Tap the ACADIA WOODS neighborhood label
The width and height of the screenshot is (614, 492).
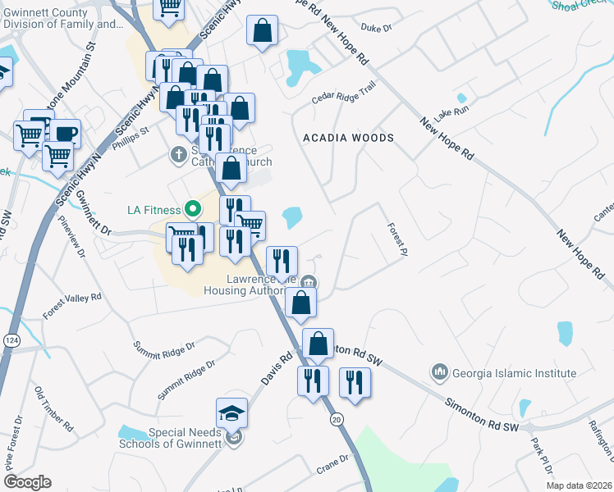[x=348, y=138]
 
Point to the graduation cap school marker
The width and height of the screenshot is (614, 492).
[x=232, y=412]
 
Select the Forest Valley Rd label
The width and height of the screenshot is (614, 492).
[x=72, y=305]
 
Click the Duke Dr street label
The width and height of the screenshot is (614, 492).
[x=377, y=51]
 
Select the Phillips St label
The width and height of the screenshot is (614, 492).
[x=131, y=135]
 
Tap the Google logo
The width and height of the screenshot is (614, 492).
[x=27, y=482]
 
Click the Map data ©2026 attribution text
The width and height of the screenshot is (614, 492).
[x=578, y=485]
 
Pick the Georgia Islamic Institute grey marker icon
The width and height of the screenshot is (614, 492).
[x=441, y=373]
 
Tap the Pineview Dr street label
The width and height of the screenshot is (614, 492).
[x=71, y=237]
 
